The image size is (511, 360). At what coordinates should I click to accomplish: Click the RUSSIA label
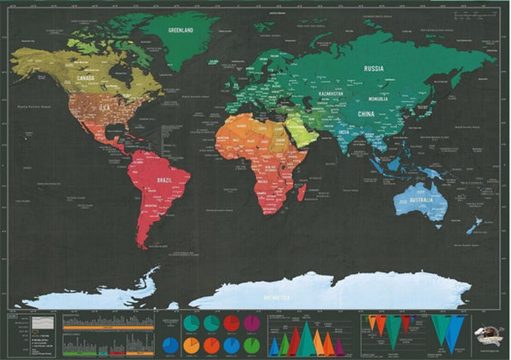click(373, 68)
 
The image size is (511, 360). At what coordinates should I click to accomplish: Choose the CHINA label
click(367, 113)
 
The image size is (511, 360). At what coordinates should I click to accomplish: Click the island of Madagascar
click(302, 191)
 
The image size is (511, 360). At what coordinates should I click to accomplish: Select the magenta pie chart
click(251, 323)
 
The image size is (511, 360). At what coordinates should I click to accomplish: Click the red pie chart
click(232, 323)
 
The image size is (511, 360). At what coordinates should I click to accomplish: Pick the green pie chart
click(251, 345)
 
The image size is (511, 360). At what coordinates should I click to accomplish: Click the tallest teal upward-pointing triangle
click(306, 340)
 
